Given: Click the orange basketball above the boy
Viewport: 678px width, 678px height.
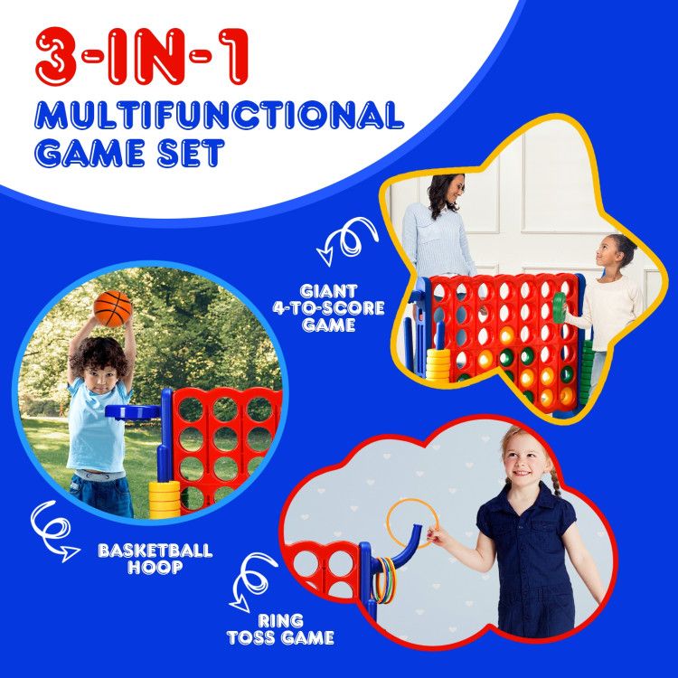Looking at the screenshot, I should point(112,309).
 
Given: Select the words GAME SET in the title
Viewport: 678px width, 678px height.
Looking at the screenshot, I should point(130,153).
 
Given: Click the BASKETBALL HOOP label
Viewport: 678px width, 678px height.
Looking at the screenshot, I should point(155,558).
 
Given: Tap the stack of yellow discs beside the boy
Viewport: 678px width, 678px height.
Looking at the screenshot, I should point(164,496).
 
